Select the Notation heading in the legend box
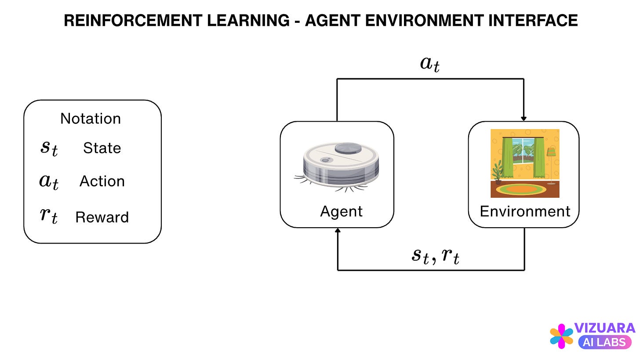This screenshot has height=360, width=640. pyautogui.click(x=91, y=119)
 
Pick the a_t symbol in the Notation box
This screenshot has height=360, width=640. pyautogui.click(x=49, y=182)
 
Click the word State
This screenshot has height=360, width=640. pyautogui.click(x=102, y=148)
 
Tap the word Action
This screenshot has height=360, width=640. pyautogui.click(x=102, y=182)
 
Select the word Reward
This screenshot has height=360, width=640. pyautogui.click(x=102, y=217)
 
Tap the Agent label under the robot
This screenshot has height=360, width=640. pyautogui.click(x=341, y=211)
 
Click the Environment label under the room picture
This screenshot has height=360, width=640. pyautogui.click(x=525, y=211)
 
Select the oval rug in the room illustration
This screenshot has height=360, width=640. pyautogui.click(x=522, y=189)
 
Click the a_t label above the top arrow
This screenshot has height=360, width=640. pyautogui.click(x=430, y=64)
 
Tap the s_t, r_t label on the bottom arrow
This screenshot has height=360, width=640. pyautogui.click(x=435, y=256)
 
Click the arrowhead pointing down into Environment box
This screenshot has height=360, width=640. pyautogui.click(x=524, y=118)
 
